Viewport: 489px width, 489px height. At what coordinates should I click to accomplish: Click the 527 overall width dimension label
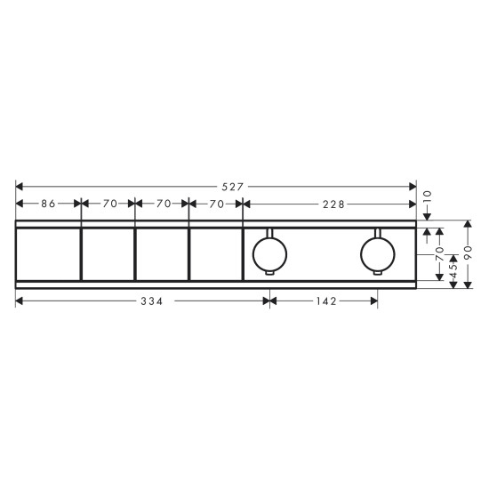tap(232, 187)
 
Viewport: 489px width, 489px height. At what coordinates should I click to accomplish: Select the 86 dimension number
tap(48, 204)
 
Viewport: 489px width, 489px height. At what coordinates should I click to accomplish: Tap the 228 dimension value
tap(333, 204)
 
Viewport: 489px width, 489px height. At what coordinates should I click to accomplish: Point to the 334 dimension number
tap(152, 301)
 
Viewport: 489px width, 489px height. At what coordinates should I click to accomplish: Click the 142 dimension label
tap(326, 301)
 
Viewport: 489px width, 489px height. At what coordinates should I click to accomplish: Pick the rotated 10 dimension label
tap(427, 197)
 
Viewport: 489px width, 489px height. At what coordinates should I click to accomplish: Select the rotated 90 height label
tap(468, 253)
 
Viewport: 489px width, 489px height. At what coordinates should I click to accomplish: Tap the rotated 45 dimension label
tap(453, 270)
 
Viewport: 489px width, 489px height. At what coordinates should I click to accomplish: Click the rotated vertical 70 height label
tap(439, 254)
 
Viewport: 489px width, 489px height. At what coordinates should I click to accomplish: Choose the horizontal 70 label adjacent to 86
tap(110, 204)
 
